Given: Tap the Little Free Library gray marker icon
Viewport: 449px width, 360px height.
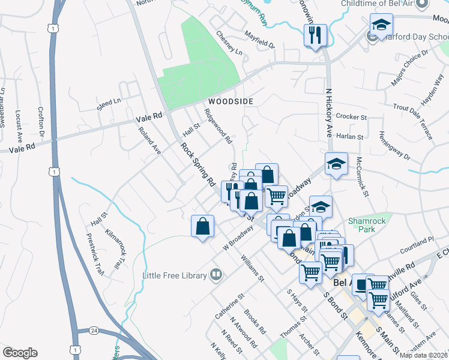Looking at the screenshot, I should [x=216, y=275].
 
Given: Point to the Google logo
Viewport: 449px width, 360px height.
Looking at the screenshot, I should [x=20, y=353].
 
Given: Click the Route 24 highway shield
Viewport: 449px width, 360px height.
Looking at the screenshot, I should [x=94, y=331].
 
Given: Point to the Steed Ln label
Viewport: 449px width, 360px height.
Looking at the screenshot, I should [x=109, y=105].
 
